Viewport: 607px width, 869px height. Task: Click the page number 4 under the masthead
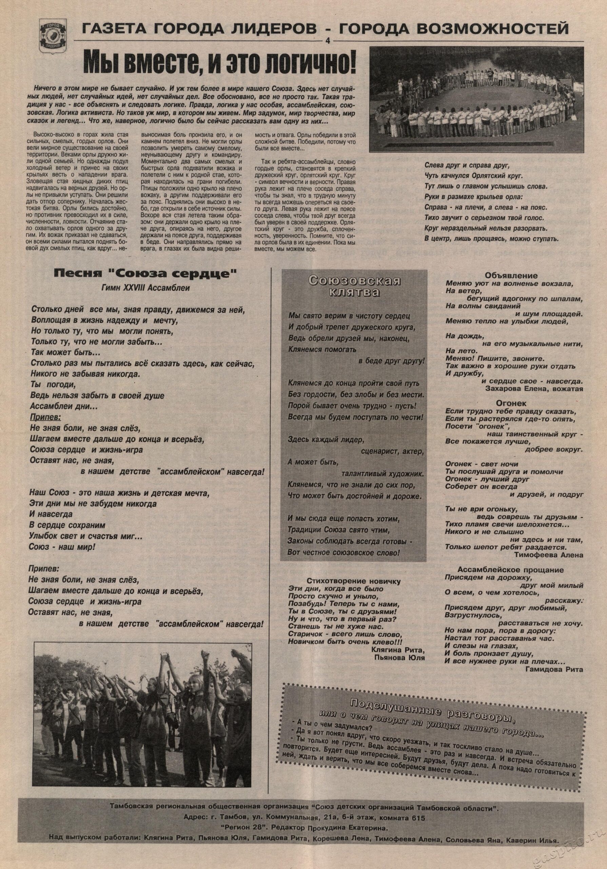tap(328, 41)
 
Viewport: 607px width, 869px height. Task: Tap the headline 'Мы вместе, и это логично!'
tap(219, 63)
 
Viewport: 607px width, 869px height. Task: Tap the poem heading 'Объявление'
tap(511, 276)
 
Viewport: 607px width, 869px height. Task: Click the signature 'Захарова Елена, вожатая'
tap(533, 388)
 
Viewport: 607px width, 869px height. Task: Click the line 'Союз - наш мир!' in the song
tap(62, 547)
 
